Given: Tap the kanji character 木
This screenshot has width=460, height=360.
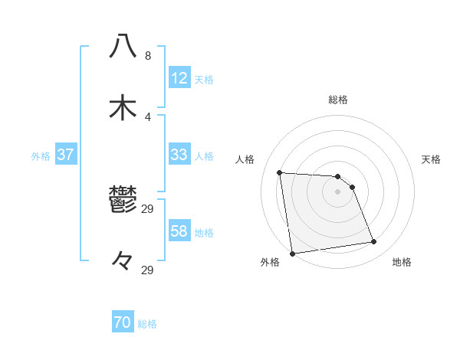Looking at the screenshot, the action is pyautogui.click(x=123, y=108).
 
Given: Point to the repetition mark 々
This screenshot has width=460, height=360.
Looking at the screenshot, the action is pyautogui.click(x=123, y=262).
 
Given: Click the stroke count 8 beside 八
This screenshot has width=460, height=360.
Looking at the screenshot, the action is pyautogui.click(x=148, y=56).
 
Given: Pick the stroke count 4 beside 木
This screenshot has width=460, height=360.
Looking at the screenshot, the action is pyautogui.click(x=148, y=117).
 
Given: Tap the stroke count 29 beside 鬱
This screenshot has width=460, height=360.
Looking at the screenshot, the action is pyautogui.click(x=148, y=209).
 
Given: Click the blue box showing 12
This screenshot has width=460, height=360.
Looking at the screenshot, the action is pyautogui.click(x=179, y=78).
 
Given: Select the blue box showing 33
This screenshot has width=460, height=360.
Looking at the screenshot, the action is pyautogui.click(x=179, y=155).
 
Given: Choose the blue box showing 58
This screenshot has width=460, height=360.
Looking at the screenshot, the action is pyautogui.click(x=179, y=231).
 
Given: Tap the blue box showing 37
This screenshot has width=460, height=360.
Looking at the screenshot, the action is pyautogui.click(x=66, y=155).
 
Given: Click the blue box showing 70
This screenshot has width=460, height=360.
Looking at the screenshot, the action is pyautogui.click(x=123, y=323).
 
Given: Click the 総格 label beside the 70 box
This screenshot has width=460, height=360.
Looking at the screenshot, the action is pyautogui.click(x=147, y=324).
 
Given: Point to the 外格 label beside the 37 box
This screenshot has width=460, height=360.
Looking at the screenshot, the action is pyautogui.click(x=41, y=155).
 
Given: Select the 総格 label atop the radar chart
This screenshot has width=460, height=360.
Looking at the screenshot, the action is pyautogui.click(x=338, y=100).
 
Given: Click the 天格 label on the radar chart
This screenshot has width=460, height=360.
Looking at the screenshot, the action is pyautogui.click(x=432, y=159).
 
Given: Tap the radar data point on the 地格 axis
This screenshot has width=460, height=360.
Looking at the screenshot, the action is pyautogui.click(x=374, y=242).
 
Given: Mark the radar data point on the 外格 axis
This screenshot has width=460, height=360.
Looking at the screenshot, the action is pyautogui.click(x=292, y=254).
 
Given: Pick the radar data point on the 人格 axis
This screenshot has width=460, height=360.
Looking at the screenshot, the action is pyautogui.click(x=280, y=172).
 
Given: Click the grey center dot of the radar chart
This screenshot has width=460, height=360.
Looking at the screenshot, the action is pyautogui.click(x=338, y=191).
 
